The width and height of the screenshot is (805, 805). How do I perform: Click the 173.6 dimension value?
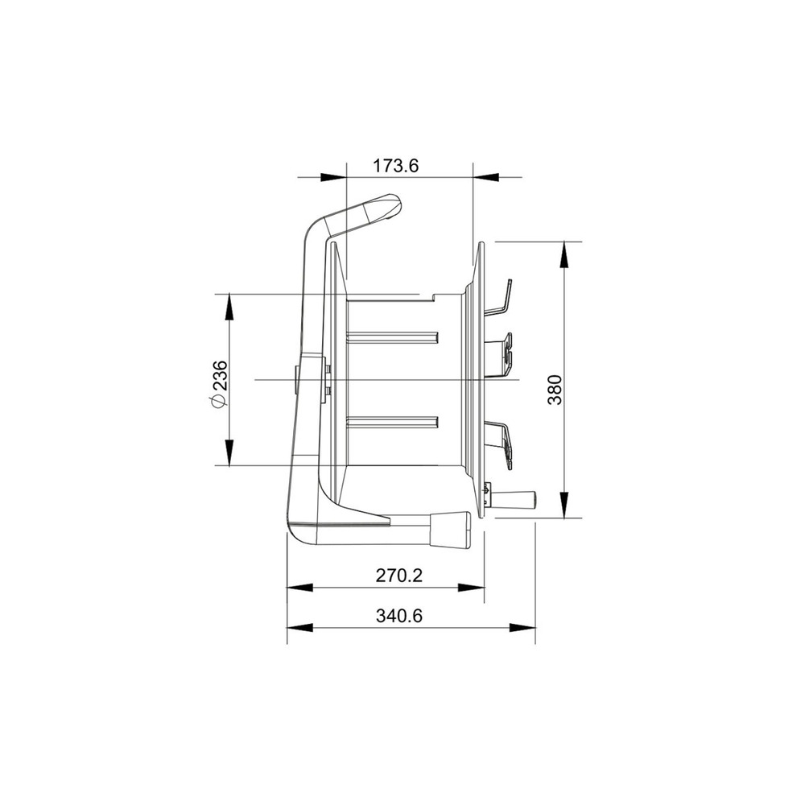pos(395,166)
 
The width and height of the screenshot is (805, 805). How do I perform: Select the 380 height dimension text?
pos(555,390)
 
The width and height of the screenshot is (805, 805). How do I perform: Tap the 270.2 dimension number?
pos(399,576)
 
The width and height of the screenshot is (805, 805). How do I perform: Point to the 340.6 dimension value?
pos(399,615)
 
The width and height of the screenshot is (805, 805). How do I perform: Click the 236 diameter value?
pos(220,376)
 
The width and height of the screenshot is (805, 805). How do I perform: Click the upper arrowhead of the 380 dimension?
pos(563,254)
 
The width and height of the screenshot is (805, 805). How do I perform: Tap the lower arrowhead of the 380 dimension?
pos(563,505)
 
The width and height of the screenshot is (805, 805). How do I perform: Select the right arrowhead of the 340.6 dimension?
pos(522,628)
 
